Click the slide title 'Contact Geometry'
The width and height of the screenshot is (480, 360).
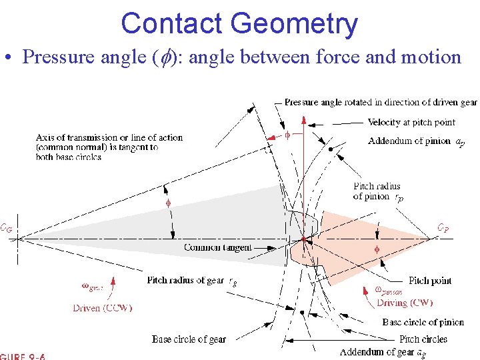tap(239, 23)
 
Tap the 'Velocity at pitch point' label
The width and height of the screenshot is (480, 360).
tap(411, 122)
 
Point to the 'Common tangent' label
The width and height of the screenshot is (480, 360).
tap(218, 247)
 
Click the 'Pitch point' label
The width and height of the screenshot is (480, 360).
tap(430, 281)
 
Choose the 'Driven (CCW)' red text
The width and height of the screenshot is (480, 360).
tap(103, 308)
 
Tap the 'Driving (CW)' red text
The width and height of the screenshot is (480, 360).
tap(405, 303)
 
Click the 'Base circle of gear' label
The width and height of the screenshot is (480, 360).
tap(189, 339)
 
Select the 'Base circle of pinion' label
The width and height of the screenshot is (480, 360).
tap(423, 322)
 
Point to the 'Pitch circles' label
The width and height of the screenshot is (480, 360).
tap(423, 339)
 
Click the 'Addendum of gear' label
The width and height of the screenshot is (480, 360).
tap(378, 352)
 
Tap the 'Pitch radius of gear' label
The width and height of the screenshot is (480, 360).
tap(187, 281)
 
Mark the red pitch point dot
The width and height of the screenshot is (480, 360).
tap(303, 239)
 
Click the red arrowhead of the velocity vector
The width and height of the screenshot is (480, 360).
tap(304, 120)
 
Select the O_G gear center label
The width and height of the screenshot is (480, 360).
tap(5, 227)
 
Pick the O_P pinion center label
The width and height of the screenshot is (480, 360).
tap(443, 227)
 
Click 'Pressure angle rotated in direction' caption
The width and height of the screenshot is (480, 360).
tap(380, 102)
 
